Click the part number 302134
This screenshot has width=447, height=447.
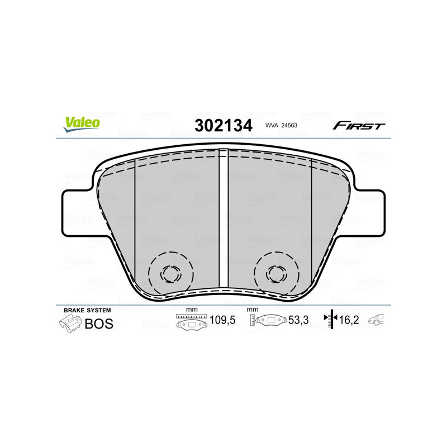[x=223, y=125]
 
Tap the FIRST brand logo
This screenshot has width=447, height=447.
[x=359, y=126]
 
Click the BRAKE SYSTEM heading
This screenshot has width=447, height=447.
[x=87, y=310]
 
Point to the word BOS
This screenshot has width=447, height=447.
[x=98, y=324]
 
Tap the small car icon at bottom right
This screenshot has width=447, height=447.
[x=378, y=321]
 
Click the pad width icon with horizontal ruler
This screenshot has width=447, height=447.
[x=191, y=322]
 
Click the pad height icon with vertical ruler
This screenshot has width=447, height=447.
[x=267, y=322]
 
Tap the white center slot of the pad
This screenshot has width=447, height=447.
[x=223, y=218]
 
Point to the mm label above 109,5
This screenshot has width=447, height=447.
[x=192, y=310]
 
